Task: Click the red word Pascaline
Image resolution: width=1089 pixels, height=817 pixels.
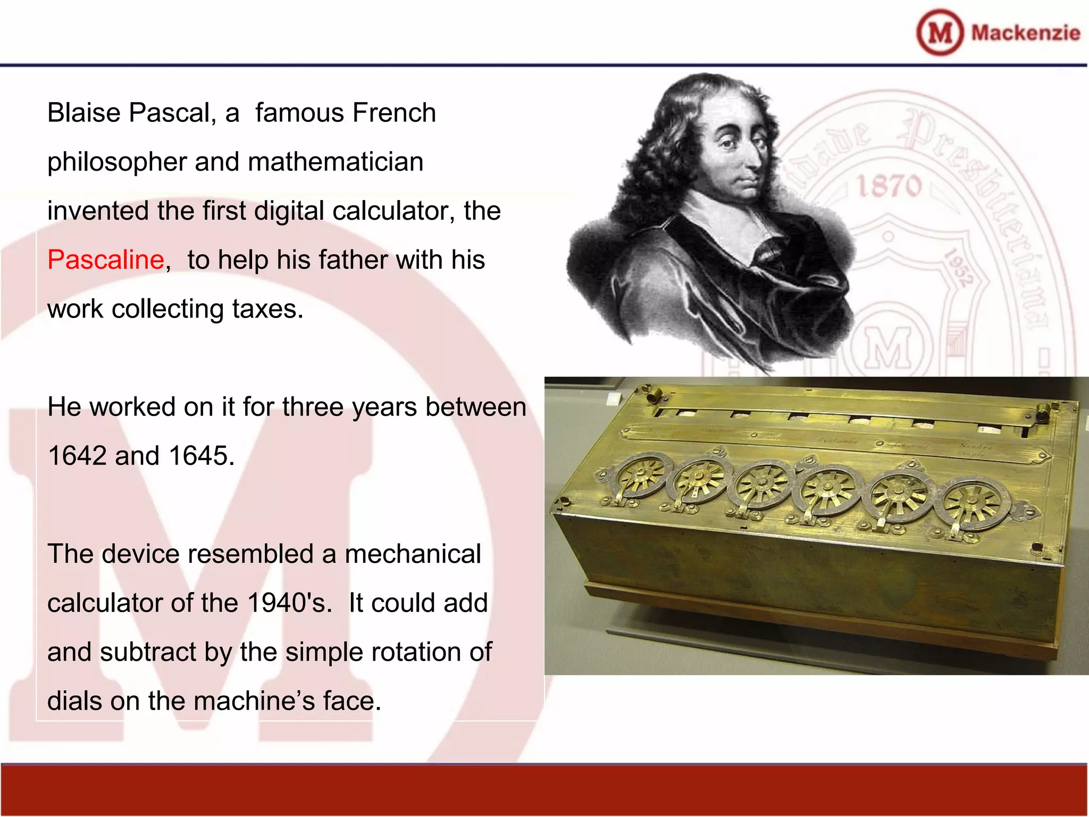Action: (105, 260)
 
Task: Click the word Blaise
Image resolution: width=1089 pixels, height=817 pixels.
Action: (84, 113)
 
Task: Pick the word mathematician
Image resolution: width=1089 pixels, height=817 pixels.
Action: (336, 162)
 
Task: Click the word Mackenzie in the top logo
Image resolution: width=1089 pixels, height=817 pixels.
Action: (1026, 33)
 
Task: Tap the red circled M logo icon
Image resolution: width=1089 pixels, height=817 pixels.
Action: (940, 32)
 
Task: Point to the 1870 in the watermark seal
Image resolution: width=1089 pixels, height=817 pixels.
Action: (889, 186)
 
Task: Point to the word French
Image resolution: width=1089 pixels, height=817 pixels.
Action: (394, 113)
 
